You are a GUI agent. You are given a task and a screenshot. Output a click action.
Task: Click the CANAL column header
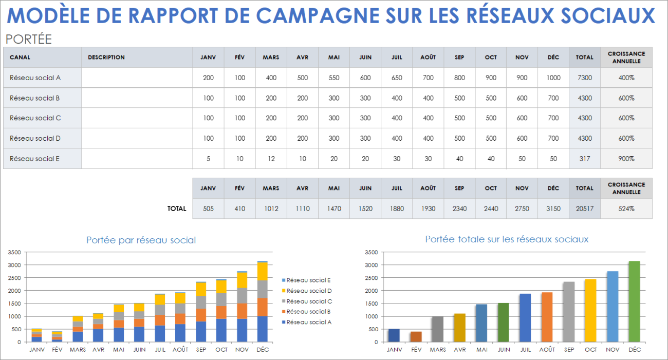[20, 58]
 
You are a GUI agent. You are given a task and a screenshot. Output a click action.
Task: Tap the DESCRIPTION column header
[106, 58]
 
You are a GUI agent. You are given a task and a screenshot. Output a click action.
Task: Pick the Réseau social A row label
[35, 78]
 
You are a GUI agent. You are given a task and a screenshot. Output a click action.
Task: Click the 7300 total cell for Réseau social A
[584, 78]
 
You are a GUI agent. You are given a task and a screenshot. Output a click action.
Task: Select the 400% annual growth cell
[626, 78]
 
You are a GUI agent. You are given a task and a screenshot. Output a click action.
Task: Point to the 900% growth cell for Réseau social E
[626, 159]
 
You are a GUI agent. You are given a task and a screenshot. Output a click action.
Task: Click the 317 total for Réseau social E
[584, 159]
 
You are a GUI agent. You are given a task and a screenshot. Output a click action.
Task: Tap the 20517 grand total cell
[584, 209]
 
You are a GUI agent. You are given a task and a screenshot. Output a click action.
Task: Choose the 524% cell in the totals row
[626, 209]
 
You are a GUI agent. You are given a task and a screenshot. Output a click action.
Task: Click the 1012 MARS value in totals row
[271, 209]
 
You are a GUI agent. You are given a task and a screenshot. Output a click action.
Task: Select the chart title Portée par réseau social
[141, 240]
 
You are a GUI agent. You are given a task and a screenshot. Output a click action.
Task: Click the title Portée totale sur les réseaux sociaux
[507, 239]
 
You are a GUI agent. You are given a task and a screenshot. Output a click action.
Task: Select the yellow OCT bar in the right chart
[591, 311]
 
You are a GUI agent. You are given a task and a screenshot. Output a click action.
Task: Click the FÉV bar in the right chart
[416, 337]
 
